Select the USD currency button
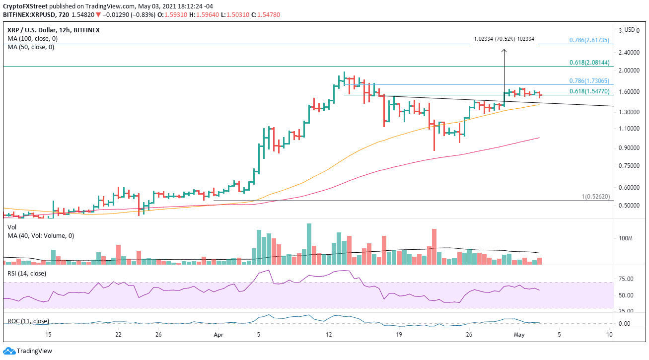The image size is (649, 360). (630, 29)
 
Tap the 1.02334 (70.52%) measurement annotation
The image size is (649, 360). (504, 39)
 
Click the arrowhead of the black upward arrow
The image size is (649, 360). (504, 51)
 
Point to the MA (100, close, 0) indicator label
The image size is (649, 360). (29, 39)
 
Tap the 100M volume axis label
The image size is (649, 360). (625, 238)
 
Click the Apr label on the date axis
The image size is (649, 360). (217, 335)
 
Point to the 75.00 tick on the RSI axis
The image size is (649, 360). (625, 279)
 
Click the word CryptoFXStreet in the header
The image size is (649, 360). (25, 6)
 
